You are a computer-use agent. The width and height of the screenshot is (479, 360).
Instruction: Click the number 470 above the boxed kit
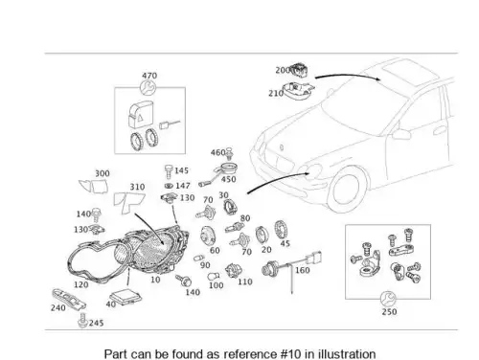point(149,76)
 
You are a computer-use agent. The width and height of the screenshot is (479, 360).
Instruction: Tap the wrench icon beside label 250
point(388,299)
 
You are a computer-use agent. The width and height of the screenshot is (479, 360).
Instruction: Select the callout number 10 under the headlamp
point(155,280)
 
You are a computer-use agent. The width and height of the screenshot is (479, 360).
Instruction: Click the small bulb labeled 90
point(199,258)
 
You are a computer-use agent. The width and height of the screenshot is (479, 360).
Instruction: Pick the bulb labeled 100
point(213,277)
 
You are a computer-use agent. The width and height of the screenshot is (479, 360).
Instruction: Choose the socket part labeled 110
point(234,271)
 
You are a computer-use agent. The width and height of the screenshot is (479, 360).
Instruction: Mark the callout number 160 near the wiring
point(303,270)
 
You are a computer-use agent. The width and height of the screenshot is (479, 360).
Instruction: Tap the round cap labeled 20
point(262,236)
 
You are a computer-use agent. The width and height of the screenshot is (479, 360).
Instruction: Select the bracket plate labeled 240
point(69,298)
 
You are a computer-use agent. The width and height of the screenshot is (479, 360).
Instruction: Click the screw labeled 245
point(82,321)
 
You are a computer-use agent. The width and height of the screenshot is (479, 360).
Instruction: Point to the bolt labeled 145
point(169,171)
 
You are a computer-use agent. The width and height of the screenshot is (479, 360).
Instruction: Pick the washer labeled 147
point(169,186)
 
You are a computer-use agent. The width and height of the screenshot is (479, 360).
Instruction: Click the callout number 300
point(103,173)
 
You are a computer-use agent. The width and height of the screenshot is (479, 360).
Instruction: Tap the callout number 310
point(137,187)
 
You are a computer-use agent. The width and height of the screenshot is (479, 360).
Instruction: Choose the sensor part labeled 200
point(299,70)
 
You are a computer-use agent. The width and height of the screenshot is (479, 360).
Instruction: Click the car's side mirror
point(401,133)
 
